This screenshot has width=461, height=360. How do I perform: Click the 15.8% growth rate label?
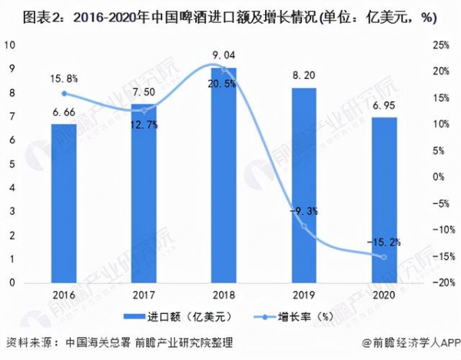click(x=63, y=78)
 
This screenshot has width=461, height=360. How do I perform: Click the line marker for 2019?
click(x=304, y=226)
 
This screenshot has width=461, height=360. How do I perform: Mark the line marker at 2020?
click(x=384, y=257)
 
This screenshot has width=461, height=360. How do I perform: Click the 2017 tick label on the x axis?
click(x=144, y=295)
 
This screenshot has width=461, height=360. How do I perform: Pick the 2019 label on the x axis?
click(x=304, y=295)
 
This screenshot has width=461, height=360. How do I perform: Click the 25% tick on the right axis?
click(x=440, y=45)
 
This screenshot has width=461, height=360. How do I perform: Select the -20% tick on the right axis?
click(x=439, y=283)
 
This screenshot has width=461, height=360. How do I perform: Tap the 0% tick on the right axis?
click(x=437, y=177)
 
